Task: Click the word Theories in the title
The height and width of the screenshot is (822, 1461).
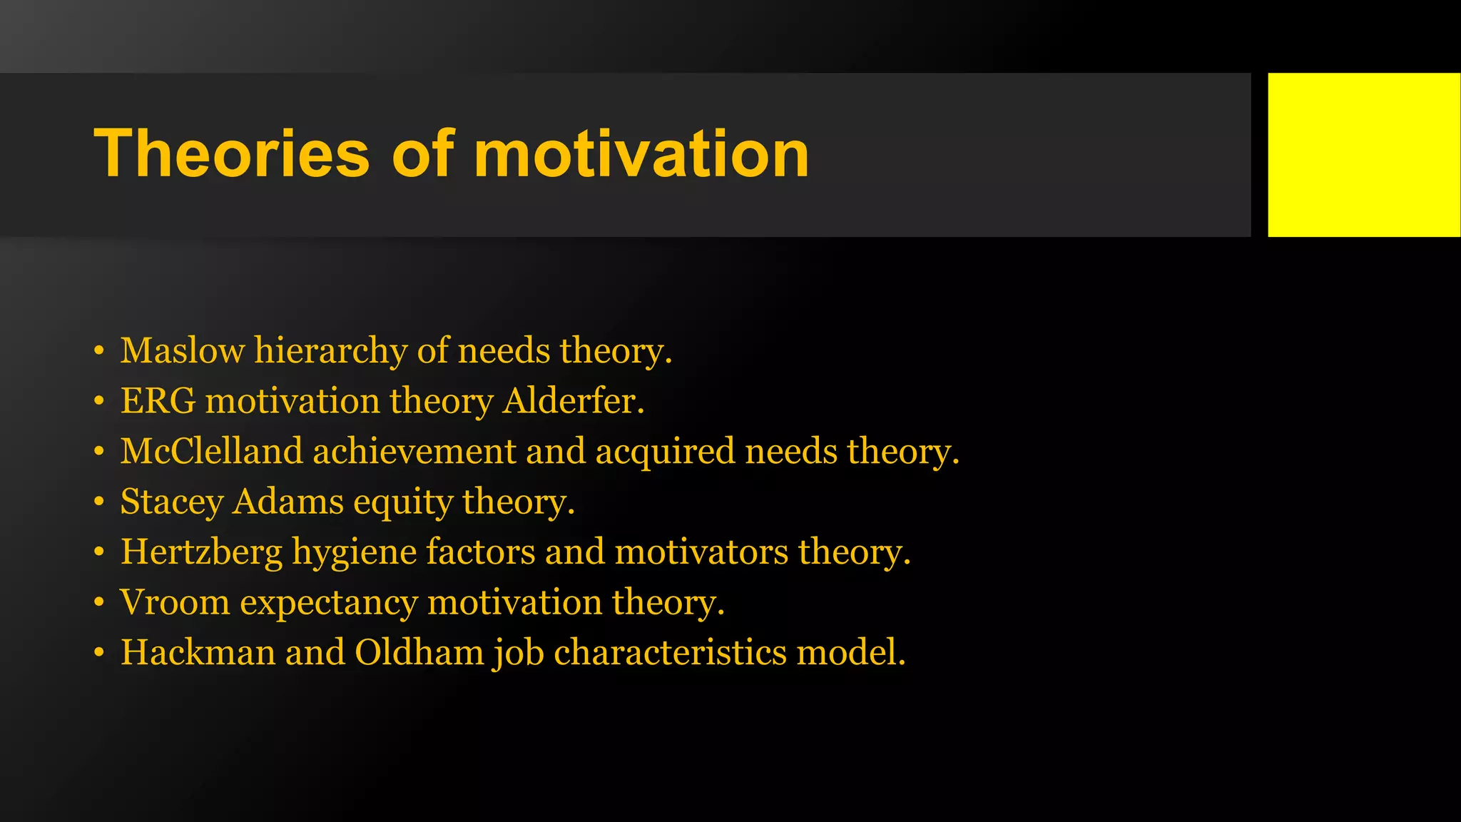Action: pos(232,153)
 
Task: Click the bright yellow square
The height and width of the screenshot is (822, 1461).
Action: pos(1363,155)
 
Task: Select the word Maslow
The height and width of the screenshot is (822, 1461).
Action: pos(182,351)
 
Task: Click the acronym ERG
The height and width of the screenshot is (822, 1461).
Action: pos(158,401)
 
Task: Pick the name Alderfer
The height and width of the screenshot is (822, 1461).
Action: pos(573,401)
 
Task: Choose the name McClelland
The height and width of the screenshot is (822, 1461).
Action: pos(211,452)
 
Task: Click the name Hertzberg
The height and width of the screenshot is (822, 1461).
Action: pos(201,553)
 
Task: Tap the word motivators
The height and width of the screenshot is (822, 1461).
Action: pos(701,552)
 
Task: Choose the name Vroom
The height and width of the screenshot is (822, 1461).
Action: pos(175,602)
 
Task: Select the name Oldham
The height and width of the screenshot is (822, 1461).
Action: pos(419,652)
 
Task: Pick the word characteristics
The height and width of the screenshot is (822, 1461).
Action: pos(670,652)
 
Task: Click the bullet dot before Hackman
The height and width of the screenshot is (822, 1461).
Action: pos(99,652)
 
